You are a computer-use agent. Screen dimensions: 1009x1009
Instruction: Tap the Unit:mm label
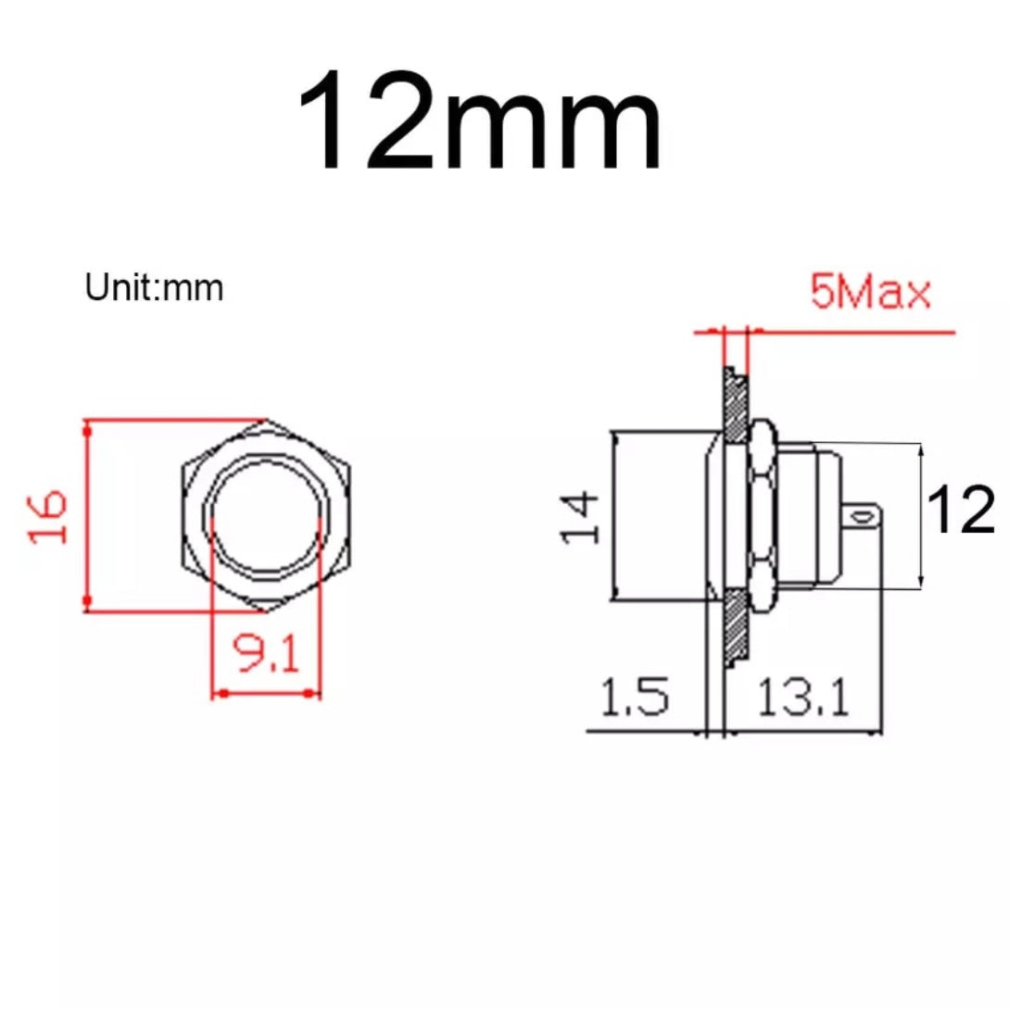[x=154, y=288]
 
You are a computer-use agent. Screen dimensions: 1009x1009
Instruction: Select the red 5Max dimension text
[x=870, y=294]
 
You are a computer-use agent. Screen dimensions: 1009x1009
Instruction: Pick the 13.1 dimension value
[x=802, y=697]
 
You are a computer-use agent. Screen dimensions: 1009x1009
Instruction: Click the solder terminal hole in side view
[x=866, y=512]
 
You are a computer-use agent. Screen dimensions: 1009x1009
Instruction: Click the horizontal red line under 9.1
[x=267, y=691]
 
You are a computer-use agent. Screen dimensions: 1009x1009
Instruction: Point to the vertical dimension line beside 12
[x=922, y=515]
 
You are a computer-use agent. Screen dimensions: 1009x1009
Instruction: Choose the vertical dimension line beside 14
[x=613, y=516]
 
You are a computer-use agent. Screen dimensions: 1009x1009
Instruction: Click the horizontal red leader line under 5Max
[x=852, y=330]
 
